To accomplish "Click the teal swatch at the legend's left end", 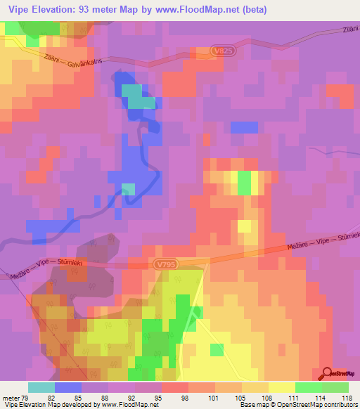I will tap(41, 387).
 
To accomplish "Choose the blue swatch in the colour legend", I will tap(67, 387).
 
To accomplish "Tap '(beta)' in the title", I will tap(252, 10).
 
